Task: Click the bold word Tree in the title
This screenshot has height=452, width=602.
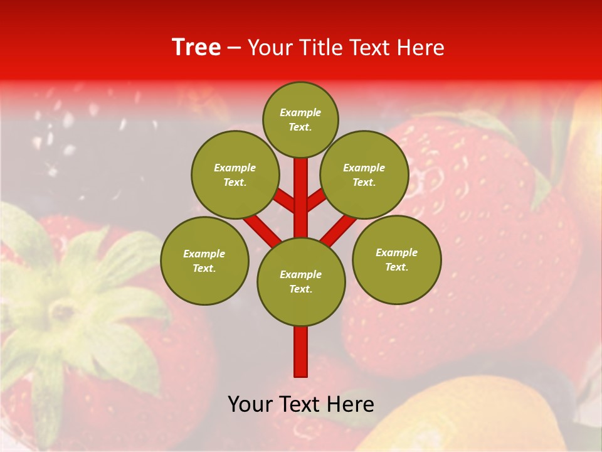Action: click(x=196, y=47)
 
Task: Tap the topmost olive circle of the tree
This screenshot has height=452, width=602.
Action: click(x=300, y=119)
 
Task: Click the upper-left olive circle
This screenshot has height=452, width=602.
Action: click(x=235, y=175)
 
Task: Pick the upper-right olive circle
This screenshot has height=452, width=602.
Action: click(x=364, y=175)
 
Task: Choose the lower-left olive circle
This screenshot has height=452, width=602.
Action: click(x=204, y=261)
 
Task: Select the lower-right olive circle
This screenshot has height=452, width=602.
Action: click(x=397, y=259)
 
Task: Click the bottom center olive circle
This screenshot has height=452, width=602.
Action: click(x=301, y=282)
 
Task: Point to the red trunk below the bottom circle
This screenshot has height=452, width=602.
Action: click(x=301, y=352)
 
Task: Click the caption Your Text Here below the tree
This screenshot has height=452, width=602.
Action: click(x=301, y=404)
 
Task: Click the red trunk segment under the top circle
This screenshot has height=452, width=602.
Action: click(x=301, y=188)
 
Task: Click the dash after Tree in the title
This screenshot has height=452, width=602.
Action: click(x=234, y=48)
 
